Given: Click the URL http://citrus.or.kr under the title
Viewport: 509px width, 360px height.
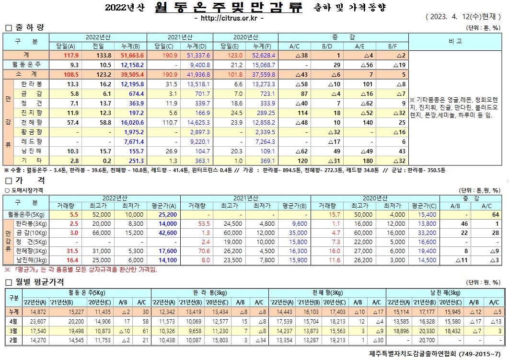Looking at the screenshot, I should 230,18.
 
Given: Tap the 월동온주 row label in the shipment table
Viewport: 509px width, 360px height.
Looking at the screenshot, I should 26,64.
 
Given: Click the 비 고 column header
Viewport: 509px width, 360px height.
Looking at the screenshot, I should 455,41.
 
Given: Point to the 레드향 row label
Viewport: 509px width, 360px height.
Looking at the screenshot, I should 32,142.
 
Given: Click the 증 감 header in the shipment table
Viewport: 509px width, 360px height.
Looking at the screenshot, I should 343,37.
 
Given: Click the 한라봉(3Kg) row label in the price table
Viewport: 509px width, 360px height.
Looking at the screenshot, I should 32,223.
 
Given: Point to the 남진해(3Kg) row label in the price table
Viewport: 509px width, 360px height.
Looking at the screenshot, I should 32,260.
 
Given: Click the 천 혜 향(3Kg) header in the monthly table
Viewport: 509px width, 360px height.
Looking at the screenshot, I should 327,292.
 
